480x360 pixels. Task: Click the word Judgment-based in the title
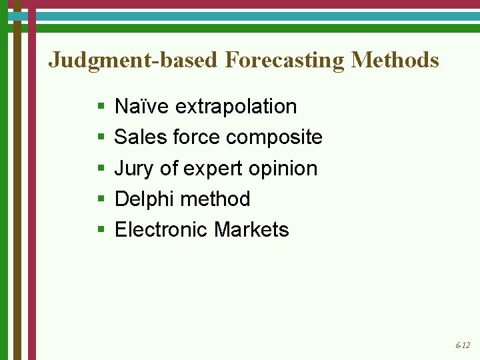(133, 60)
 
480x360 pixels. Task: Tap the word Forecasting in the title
(285, 60)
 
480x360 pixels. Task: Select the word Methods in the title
(395, 60)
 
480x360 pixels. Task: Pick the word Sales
(140, 137)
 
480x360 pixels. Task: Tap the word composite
(274, 138)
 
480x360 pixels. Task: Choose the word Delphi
(145, 199)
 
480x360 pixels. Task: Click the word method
(215, 199)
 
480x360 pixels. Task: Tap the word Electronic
(161, 230)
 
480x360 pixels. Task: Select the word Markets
(251, 230)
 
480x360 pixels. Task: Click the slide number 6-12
(463, 345)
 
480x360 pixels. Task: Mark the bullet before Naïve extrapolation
(101, 107)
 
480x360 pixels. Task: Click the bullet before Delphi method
(101, 199)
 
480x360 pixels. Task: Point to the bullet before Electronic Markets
(101, 230)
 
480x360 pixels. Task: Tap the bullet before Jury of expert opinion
(101, 169)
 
